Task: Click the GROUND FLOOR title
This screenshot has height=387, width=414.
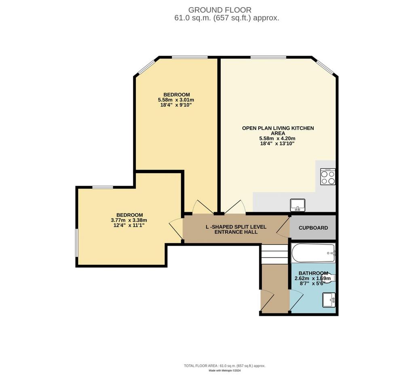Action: point(220,10)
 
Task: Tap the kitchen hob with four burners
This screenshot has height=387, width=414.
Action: point(327,177)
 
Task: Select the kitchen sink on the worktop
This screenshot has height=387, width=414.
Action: point(298,205)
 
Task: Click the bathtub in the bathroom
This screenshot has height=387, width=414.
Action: point(313,253)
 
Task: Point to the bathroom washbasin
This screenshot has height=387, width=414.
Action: point(329,300)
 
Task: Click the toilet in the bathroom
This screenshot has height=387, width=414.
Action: point(328,278)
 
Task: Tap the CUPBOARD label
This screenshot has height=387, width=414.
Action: point(313,228)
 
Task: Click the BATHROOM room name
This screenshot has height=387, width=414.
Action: point(313,273)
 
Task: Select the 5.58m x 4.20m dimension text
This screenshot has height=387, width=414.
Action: point(277,138)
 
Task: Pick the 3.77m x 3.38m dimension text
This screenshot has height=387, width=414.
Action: point(129,220)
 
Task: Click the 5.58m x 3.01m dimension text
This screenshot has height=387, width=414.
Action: point(176,100)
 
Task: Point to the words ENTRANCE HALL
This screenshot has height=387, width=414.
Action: point(236,232)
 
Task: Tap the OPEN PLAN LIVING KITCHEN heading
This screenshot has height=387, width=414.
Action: point(278,128)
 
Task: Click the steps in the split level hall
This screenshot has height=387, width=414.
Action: point(275,254)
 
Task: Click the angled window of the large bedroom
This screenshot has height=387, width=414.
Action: point(146,67)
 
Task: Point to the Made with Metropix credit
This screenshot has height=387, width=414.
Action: point(225,370)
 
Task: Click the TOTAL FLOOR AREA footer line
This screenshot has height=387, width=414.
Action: point(225,366)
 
